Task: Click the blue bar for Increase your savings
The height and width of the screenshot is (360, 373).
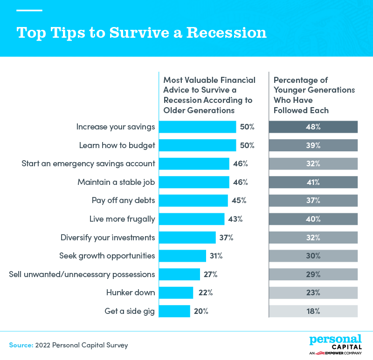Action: (x=197, y=127)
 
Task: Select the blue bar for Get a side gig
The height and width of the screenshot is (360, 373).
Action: (x=174, y=311)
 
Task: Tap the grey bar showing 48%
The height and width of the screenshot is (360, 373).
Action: (x=313, y=127)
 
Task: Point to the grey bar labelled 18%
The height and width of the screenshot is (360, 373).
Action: (x=313, y=311)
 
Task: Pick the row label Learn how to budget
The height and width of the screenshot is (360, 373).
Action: (x=117, y=145)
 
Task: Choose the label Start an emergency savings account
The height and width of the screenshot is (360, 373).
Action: (x=88, y=164)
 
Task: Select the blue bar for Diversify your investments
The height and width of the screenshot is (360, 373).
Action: (x=187, y=238)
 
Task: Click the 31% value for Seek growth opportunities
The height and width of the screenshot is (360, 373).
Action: (x=216, y=256)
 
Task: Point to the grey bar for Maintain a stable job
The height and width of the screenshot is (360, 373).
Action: (x=313, y=182)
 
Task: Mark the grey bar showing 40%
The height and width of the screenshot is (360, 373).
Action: (x=313, y=219)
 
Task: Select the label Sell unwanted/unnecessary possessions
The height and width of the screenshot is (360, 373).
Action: (x=82, y=274)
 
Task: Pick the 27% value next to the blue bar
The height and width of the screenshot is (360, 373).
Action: (x=210, y=274)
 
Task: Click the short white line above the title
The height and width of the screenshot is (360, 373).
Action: (x=29, y=10)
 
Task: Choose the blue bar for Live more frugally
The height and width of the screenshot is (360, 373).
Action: (x=192, y=219)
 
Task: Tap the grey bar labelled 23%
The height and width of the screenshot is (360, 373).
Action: (x=313, y=293)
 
